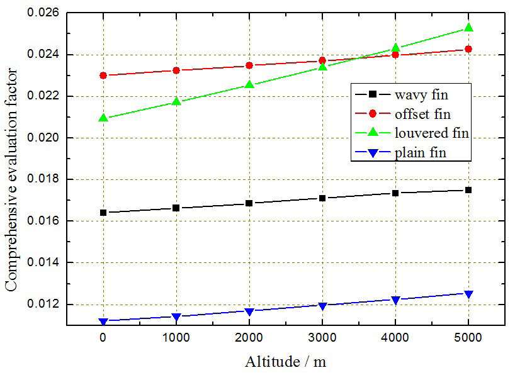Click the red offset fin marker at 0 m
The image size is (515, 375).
(x=103, y=76)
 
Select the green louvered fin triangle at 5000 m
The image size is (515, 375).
(x=468, y=28)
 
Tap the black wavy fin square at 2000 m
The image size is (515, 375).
(x=249, y=203)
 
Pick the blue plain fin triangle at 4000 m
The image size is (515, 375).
(x=395, y=300)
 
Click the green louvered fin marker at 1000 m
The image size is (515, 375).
(x=176, y=101)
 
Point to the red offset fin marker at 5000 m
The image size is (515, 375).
(x=468, y=49)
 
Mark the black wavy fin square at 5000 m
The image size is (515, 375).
(x=468, y=190)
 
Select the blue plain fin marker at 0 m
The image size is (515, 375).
(x=103, y=322)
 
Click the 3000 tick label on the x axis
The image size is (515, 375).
(x=322, y=339)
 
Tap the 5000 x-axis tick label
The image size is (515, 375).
(x=468, y=339)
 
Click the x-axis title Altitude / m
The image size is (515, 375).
(x=285, y=362)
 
